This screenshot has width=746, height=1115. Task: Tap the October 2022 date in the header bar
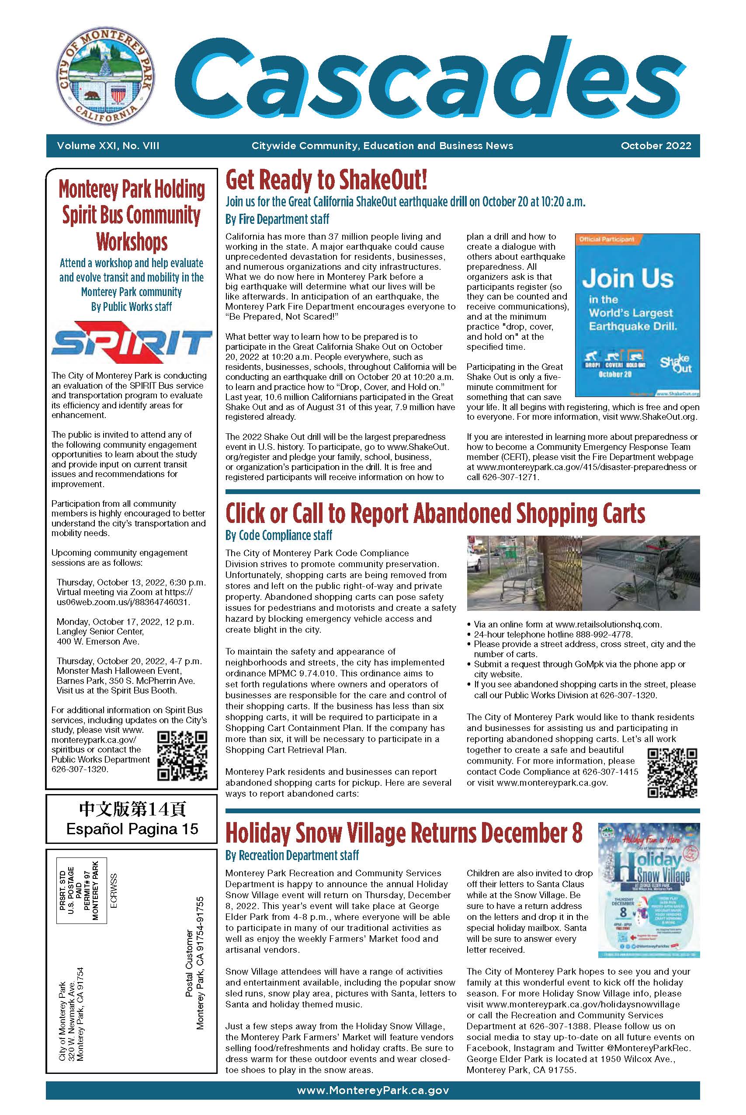tap(655, 146)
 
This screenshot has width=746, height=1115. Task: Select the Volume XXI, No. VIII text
tap(108, 146)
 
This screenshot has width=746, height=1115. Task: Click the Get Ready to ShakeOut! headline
tap(326, 180)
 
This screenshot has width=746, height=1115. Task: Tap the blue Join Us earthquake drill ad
tap(637, 314)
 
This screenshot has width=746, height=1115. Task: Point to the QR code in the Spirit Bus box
tap(182, 756)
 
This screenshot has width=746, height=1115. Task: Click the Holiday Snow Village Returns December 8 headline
tap(403, 833)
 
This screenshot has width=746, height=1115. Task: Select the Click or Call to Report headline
tap(435, 514)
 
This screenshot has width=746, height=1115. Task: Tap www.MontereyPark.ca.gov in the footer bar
tap(372, 1090)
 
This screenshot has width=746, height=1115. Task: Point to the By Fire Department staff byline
tap(277, 220)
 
